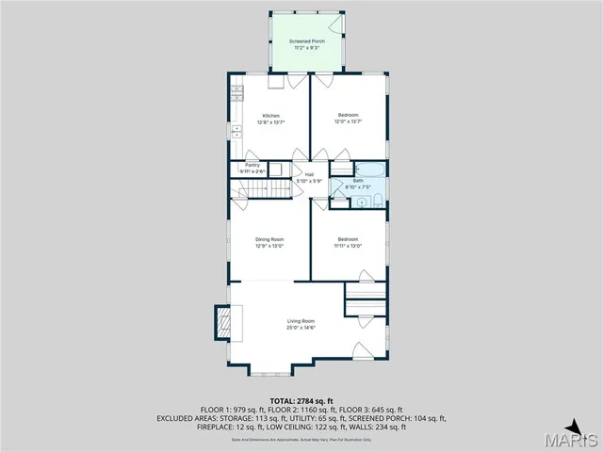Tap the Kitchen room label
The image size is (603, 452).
(270, 116)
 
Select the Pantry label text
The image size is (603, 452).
(253, 165)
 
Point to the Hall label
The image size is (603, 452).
(309, 174)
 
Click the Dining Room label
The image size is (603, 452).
(269, 239)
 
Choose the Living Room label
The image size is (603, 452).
(301, 322)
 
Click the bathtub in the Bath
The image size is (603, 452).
(369, 169)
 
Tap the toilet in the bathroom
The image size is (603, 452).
(376, 202)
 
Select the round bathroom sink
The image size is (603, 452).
(361, 202)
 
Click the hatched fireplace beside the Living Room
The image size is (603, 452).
(222, 324)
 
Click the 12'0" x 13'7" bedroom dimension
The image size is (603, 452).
(348, 121)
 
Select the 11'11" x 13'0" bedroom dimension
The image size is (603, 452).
(348, 245)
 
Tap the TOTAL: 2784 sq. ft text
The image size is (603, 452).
(301, 401)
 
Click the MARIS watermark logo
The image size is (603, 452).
(577, 440)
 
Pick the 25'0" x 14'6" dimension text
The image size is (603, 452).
(301, 329)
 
